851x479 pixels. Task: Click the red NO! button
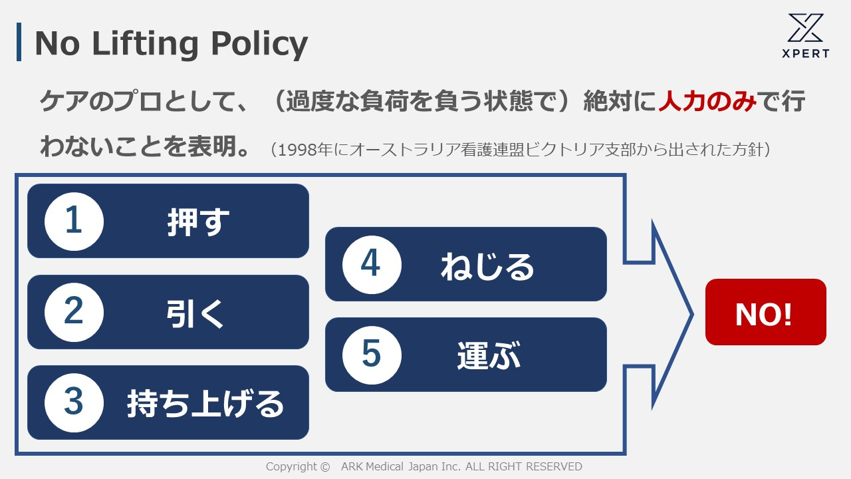(x=765, y=312)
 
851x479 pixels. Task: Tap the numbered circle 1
(x=74, y=221)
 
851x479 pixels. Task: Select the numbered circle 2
(x=74, y=312)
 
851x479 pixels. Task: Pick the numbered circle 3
(x=74, y=402)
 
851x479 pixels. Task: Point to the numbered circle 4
(x=372, y=265)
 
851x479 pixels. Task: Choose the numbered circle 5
(x=372, y=355)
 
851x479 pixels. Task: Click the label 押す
(x=198, y=222)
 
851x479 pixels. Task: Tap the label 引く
(x=195, y=313)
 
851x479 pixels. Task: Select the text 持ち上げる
(x=205, y=403)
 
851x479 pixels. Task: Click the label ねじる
(x=487, y=265)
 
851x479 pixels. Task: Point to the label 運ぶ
(x=489, y=355)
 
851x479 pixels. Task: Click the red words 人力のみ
(x=707, y=102)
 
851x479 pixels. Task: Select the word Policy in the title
(x=261, y=43)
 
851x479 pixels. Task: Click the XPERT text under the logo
(x=806, y=54)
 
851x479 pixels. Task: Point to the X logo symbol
(x=806, y=28)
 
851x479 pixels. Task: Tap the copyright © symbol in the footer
(x=324, y=467)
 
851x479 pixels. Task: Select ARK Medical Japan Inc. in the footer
(x=401, y=467)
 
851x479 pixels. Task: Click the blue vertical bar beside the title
(x=19, y=42)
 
